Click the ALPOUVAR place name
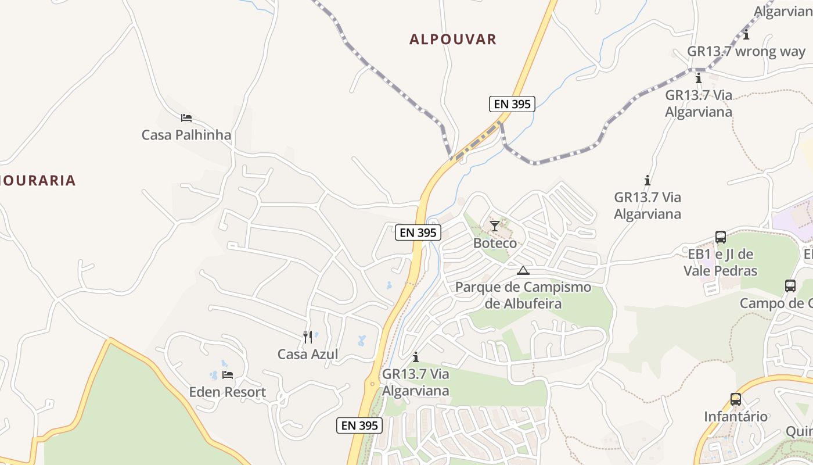(x=453, y=40)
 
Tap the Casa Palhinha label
(x=186, y=135)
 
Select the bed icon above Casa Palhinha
(x=186, y=118)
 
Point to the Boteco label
(x=495, y=243)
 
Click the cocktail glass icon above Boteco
(x=494, y=226)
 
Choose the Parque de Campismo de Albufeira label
(x=523, y=295)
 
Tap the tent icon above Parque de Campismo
(x=523, y=270)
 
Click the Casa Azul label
(x=308, y=354)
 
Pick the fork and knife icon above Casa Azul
(x=308, y=337)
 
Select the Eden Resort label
(x=228, y=392)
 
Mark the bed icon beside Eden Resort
(x=228, y=375)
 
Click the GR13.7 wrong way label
(x=746, y=51)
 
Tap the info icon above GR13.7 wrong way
(x=746, y=35)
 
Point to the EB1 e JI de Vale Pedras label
(x=720, y=262)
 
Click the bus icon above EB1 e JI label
(x=721, y=237)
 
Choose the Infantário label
(x=736, y=416)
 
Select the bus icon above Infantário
(x=736, y=399)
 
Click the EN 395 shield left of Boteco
(x=418, y=233)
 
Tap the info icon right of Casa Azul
(x=416, y=357)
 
